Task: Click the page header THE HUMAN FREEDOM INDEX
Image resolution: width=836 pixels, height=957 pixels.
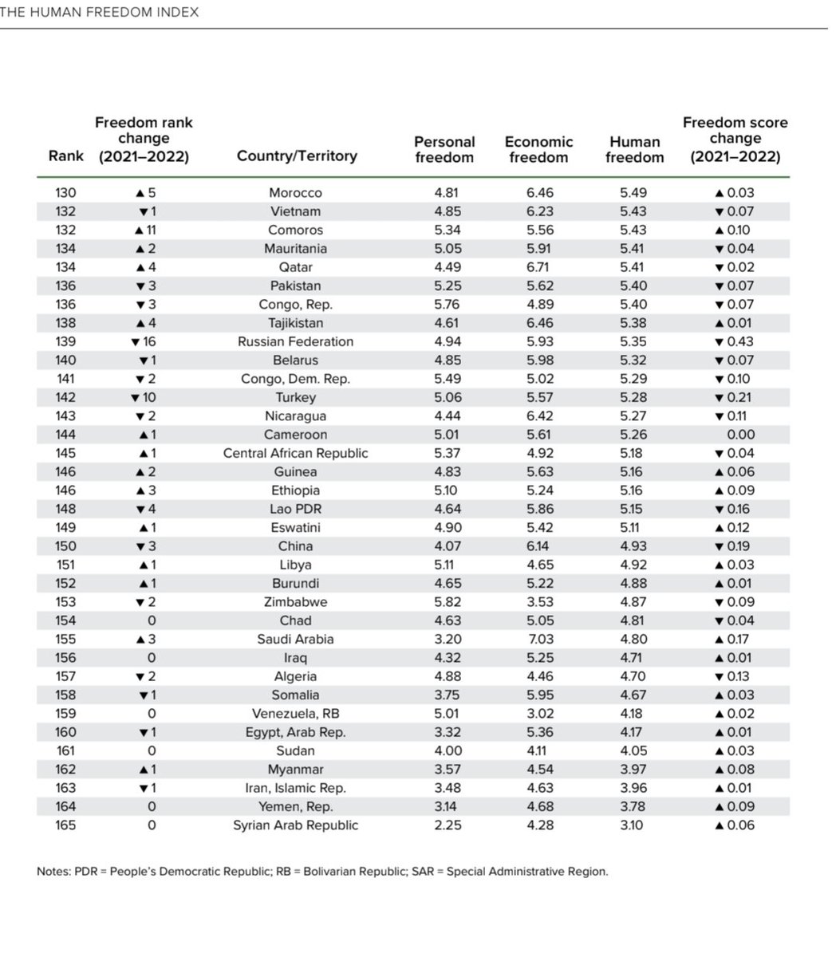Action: pos(100,13)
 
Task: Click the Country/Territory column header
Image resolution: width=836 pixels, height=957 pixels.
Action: pos(296,156)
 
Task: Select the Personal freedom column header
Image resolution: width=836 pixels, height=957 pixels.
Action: pos(444,149)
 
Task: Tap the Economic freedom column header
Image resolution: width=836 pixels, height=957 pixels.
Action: pos(538,149)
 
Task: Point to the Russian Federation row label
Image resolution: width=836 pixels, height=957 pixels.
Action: pos(295,341)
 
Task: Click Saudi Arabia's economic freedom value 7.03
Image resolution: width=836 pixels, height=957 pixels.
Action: pos(539,639)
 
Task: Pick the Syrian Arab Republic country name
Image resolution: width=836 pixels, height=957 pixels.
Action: pos(295,825)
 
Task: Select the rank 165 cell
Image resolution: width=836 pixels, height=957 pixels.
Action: pos(65,825)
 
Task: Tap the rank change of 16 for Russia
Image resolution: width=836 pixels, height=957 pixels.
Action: pos(144,341)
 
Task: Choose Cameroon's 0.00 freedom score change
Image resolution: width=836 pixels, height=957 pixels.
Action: pos(735,435)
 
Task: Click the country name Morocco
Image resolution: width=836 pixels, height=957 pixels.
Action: pos(295,193)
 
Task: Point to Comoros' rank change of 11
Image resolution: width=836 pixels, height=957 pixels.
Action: pos(144,230)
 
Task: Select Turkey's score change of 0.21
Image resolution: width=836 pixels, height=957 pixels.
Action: pos(734,397)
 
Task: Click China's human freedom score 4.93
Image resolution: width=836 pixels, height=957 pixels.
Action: pos(633,546)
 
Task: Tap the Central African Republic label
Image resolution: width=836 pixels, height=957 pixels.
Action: pos(295,453)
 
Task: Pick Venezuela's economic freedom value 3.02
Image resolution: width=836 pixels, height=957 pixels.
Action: pos(539,713)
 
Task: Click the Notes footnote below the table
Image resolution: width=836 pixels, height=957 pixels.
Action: pos(322,872)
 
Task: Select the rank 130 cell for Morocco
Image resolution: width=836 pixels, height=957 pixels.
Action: pos(65,193)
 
